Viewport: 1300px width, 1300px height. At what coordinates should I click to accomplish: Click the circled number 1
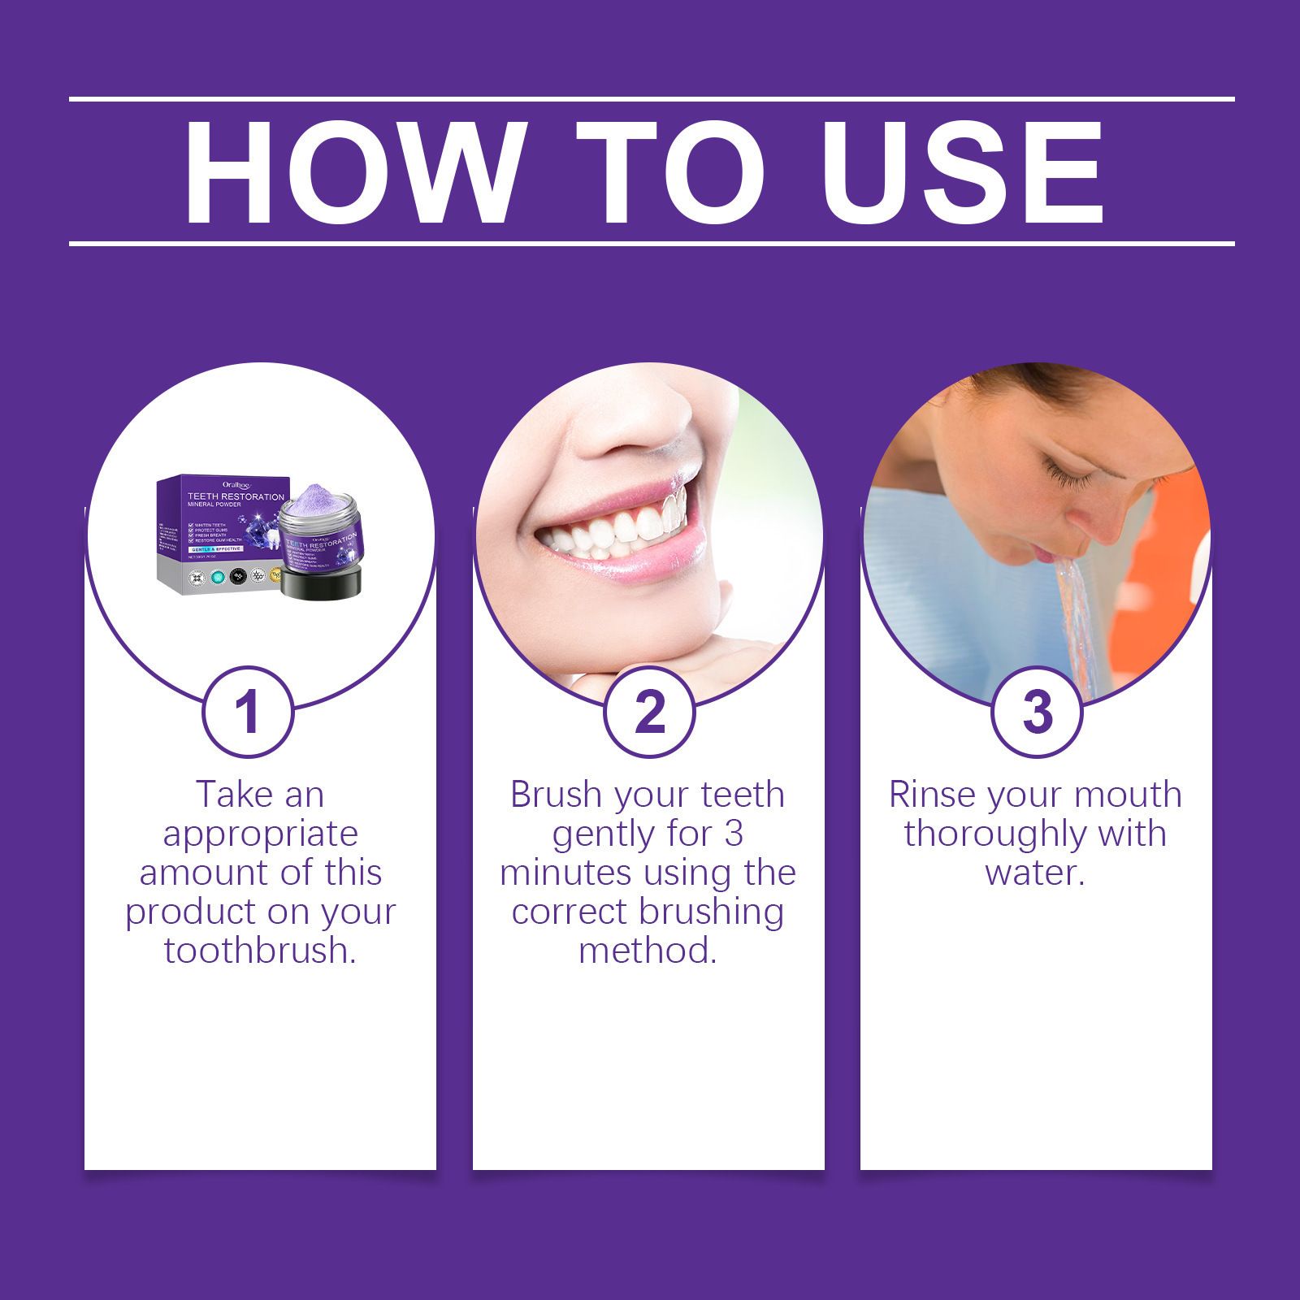point(248,713)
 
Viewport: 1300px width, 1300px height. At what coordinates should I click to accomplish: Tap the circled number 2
point(649,713)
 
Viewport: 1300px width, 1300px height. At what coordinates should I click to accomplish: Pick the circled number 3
point(1038,713)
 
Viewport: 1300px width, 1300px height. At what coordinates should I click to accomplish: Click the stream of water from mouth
point(1077,617)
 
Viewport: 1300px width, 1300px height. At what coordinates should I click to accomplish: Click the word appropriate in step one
point(260,834)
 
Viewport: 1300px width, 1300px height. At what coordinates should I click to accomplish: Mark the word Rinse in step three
point(932,795)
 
